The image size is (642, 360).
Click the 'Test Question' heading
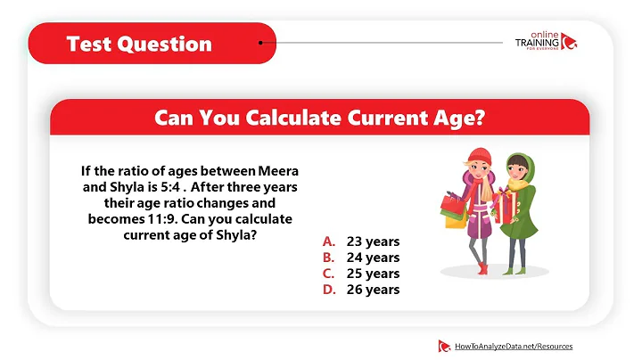pyautogui.click(x=139, y=43)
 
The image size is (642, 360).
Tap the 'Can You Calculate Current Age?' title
pyautogui.click(x=320, y=117)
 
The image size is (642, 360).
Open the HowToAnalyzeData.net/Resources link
pyautogui.click(x=513, y=346)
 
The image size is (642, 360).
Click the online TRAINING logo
pyautogui.click(x=545, y=44)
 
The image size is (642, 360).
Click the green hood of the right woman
pyautogui.click(x=517, y=163)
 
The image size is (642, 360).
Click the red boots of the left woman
pyautogui.click(x=481, y=266)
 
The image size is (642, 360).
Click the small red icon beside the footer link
pyautogui.click(x=443, y=346)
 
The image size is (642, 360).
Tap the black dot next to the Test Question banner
pyautogui.click(x=260, y=42)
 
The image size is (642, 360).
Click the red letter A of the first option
pyautogui.click(x=328, y=241)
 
